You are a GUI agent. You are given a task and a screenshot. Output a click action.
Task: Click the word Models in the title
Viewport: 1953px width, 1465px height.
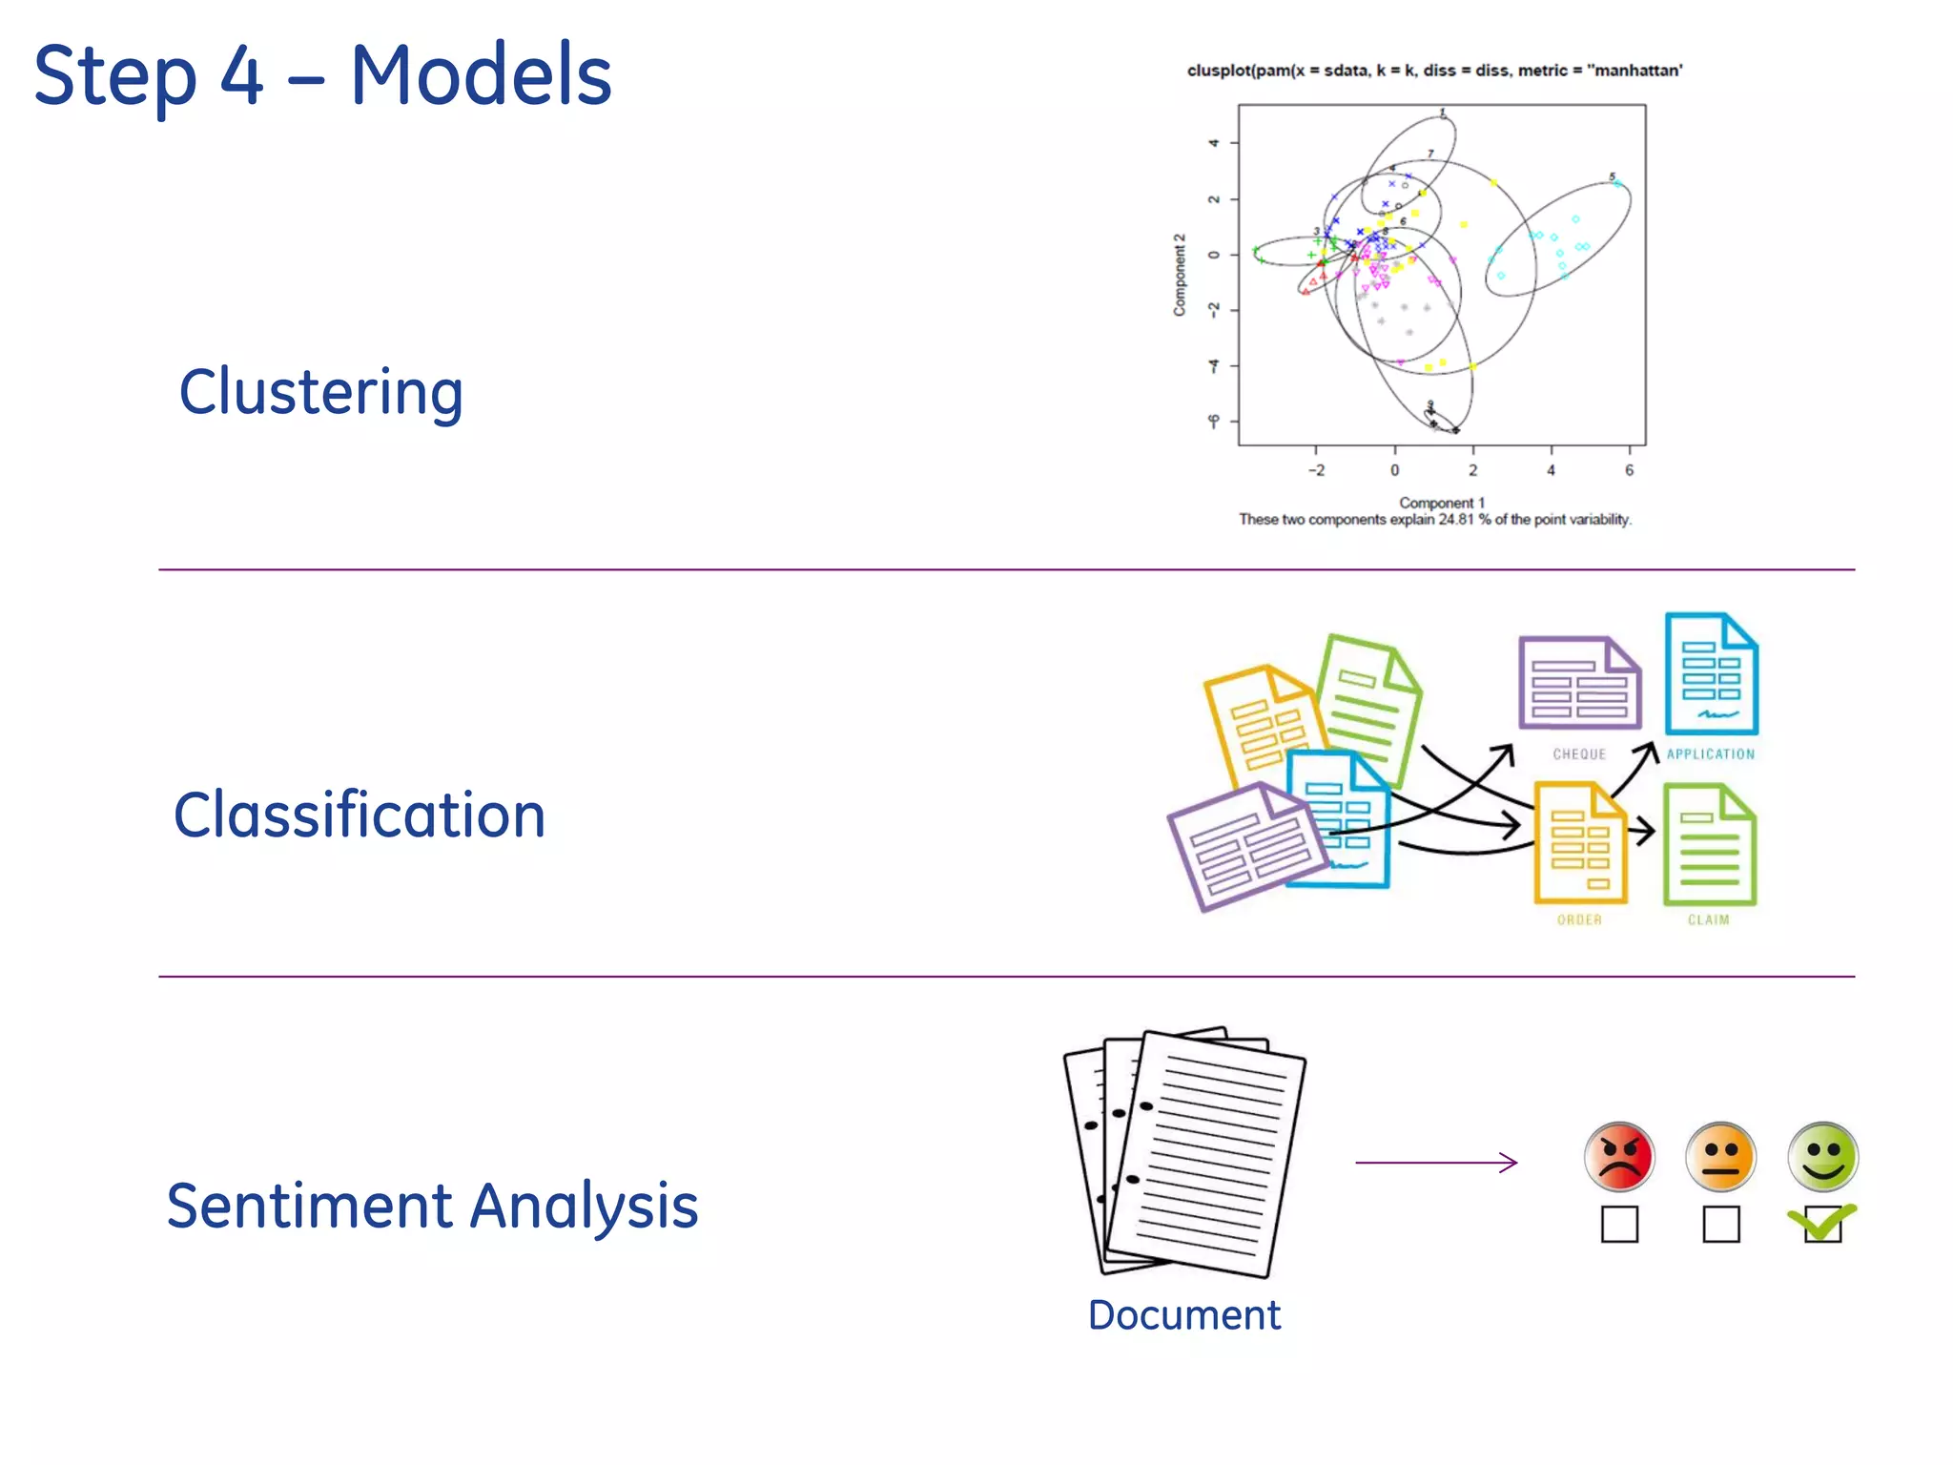tap(481, 76)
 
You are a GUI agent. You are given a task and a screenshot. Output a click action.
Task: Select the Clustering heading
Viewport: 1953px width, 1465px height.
tap(321, 392)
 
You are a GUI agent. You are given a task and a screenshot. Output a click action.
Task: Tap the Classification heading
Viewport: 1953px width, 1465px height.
tap(360, 815)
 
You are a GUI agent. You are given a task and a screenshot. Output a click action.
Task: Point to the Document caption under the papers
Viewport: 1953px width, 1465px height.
tap(1183, 1315)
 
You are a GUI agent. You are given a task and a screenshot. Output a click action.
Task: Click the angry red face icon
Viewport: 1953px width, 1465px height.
tap(1619, 1157)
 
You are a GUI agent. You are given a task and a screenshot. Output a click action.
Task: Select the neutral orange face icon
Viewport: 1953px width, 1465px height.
tap(1720, 1157)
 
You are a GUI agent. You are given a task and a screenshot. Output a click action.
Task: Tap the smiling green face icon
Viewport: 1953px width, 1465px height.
tap(1822, 1157)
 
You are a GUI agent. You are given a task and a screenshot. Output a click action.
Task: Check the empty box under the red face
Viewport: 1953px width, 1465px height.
tap(1619, 1224)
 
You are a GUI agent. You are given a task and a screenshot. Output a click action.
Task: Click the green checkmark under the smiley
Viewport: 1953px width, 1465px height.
tap(1822, 1221)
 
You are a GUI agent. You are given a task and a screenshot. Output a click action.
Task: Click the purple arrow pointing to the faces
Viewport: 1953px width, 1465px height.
tap(1436, 1163)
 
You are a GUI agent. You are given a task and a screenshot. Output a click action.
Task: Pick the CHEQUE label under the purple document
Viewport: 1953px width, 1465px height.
tap(1579, 754)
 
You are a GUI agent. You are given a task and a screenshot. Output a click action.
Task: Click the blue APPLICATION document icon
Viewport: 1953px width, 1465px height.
tap(1711, 674)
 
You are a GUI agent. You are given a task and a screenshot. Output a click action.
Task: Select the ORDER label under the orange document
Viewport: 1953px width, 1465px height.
tap(1579, 920)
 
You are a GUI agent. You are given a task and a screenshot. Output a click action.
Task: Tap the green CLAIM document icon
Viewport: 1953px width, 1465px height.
tap(1709, 844)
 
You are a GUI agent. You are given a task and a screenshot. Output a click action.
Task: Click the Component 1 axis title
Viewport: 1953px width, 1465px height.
tap(1441, 503)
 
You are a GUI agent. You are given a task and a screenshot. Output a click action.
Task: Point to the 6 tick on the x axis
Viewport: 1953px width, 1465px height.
tap(1629, 470)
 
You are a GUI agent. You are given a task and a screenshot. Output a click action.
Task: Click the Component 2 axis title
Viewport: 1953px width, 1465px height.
tap(1180, 275)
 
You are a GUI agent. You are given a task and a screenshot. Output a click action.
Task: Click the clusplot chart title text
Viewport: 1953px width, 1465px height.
tap(1434, 71)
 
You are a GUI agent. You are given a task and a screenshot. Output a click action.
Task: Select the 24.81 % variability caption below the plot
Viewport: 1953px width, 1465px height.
tap(1434, 520)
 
